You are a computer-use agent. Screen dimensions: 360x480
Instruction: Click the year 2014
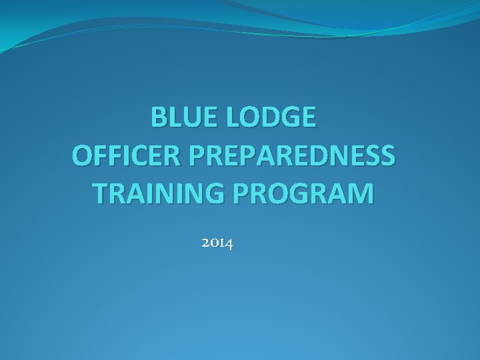click(217, 244)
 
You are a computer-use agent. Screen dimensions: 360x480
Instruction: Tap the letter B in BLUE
click(159, 118)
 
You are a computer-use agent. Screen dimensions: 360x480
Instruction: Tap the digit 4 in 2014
click(229, 245)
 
